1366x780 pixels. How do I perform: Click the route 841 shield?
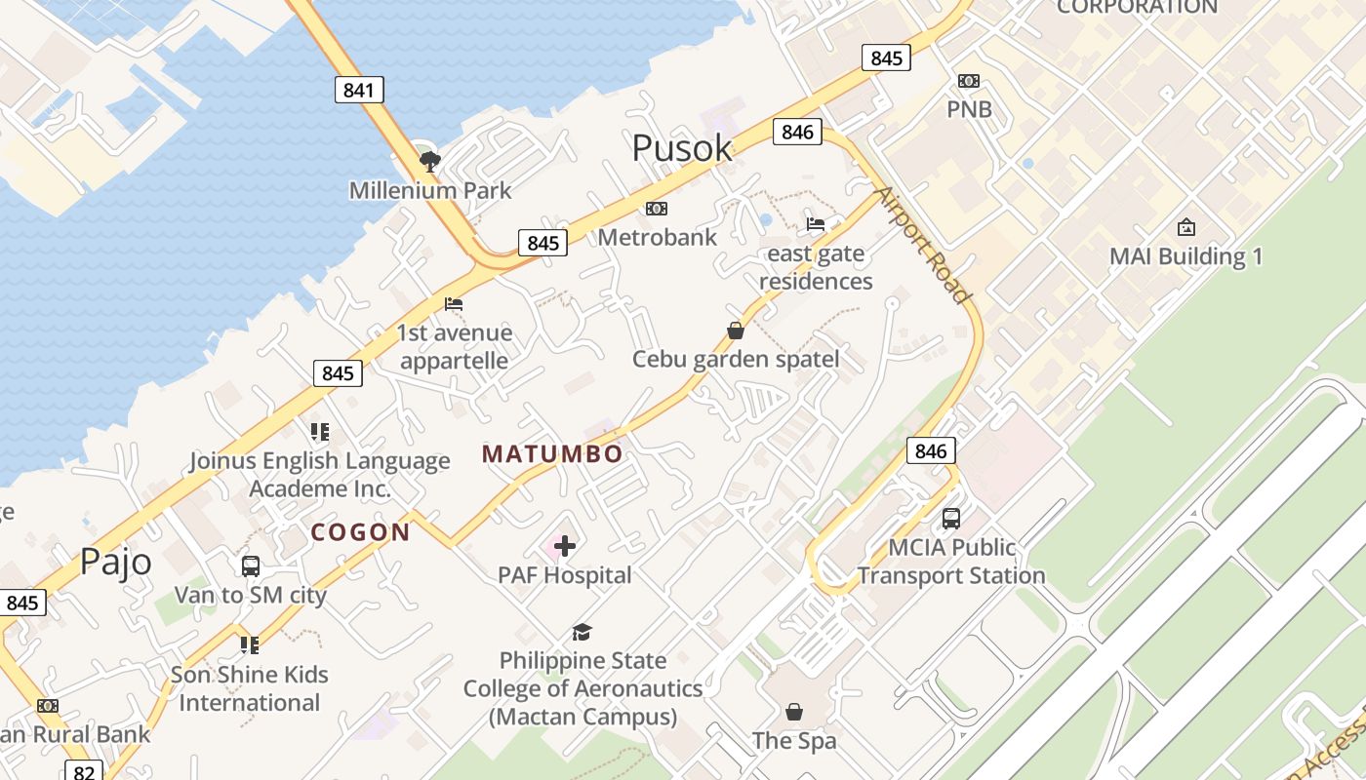(358, 91)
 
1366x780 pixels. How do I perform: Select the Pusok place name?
(682, 148)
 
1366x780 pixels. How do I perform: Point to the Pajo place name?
(116, 562)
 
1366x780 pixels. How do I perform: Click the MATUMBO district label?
(552, 454)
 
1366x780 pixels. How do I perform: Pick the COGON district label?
(360, 532)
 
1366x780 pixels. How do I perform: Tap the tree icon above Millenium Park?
(429, 161)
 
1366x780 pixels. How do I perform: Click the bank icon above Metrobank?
(657, 209)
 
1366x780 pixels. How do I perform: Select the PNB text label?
(969, 109)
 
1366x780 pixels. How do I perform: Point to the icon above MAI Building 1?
(1185, 228)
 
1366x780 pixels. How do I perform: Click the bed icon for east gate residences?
(816, 224)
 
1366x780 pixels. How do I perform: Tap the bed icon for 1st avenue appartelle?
(454, 304)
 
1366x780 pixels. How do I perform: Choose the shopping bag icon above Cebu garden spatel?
(736, 331)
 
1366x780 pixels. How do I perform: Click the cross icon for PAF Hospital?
(565, 547)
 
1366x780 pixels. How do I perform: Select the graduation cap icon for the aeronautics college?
(583, 632)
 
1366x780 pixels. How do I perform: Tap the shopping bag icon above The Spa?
(794, 712)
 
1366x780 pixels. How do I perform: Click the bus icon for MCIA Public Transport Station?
(951, 519)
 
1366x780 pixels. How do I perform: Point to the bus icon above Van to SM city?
(250, 565)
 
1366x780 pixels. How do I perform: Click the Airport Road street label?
(923, 244)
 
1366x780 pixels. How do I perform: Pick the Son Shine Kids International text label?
(250, 688)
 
